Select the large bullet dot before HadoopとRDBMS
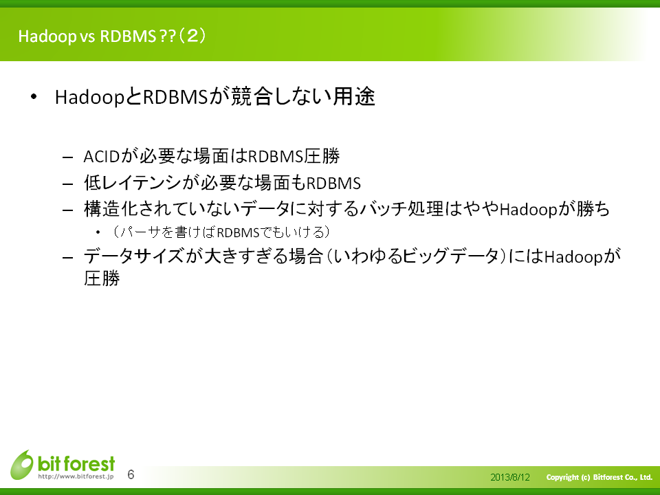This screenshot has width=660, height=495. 34,97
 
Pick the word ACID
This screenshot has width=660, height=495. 102,157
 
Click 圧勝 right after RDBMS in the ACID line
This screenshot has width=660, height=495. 322,156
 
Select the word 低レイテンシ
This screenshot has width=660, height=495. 133,183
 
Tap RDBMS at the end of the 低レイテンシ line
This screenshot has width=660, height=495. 333,184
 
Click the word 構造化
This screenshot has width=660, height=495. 111,209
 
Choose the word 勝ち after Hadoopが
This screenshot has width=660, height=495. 593,209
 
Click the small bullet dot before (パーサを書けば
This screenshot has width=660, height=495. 98,232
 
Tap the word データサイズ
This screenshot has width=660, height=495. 134,256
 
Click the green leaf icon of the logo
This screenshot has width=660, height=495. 22,465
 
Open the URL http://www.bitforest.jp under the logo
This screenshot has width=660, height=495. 76,477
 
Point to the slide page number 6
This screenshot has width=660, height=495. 131,475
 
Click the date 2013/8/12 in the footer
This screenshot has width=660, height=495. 510,477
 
